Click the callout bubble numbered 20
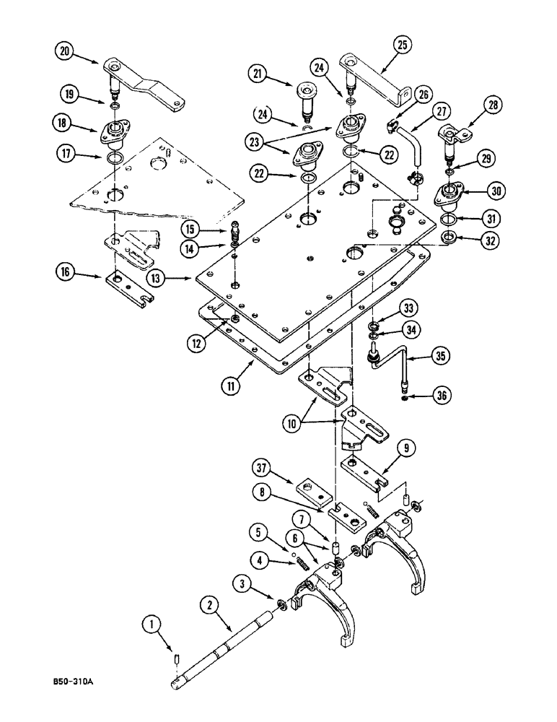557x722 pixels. (65, 50)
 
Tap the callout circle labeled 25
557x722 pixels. (401, 45)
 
